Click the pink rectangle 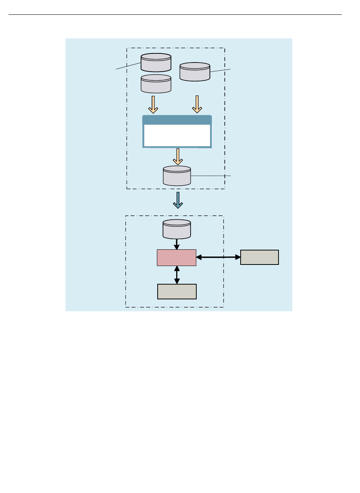click(177, 258)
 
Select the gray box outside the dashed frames click(260, 257)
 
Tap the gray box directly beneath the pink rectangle click(177, 291)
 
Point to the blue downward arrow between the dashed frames click(178, 200)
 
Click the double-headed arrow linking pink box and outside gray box click(218, 257)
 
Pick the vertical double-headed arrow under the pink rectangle click(177, 275)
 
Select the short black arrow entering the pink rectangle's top click(177, 244)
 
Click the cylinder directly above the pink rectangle click(177, 229)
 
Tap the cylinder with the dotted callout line click(177, 175)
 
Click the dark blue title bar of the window click(177, 120)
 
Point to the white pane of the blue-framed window click(177, 135)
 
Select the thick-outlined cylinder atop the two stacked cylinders click(156, 63)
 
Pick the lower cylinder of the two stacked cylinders click(156, 84)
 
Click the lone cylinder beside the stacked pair click(195, 72)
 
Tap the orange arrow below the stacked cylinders click(153, 104)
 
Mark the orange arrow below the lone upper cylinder click(197, 104)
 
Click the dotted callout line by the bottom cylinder click(211, 176)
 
